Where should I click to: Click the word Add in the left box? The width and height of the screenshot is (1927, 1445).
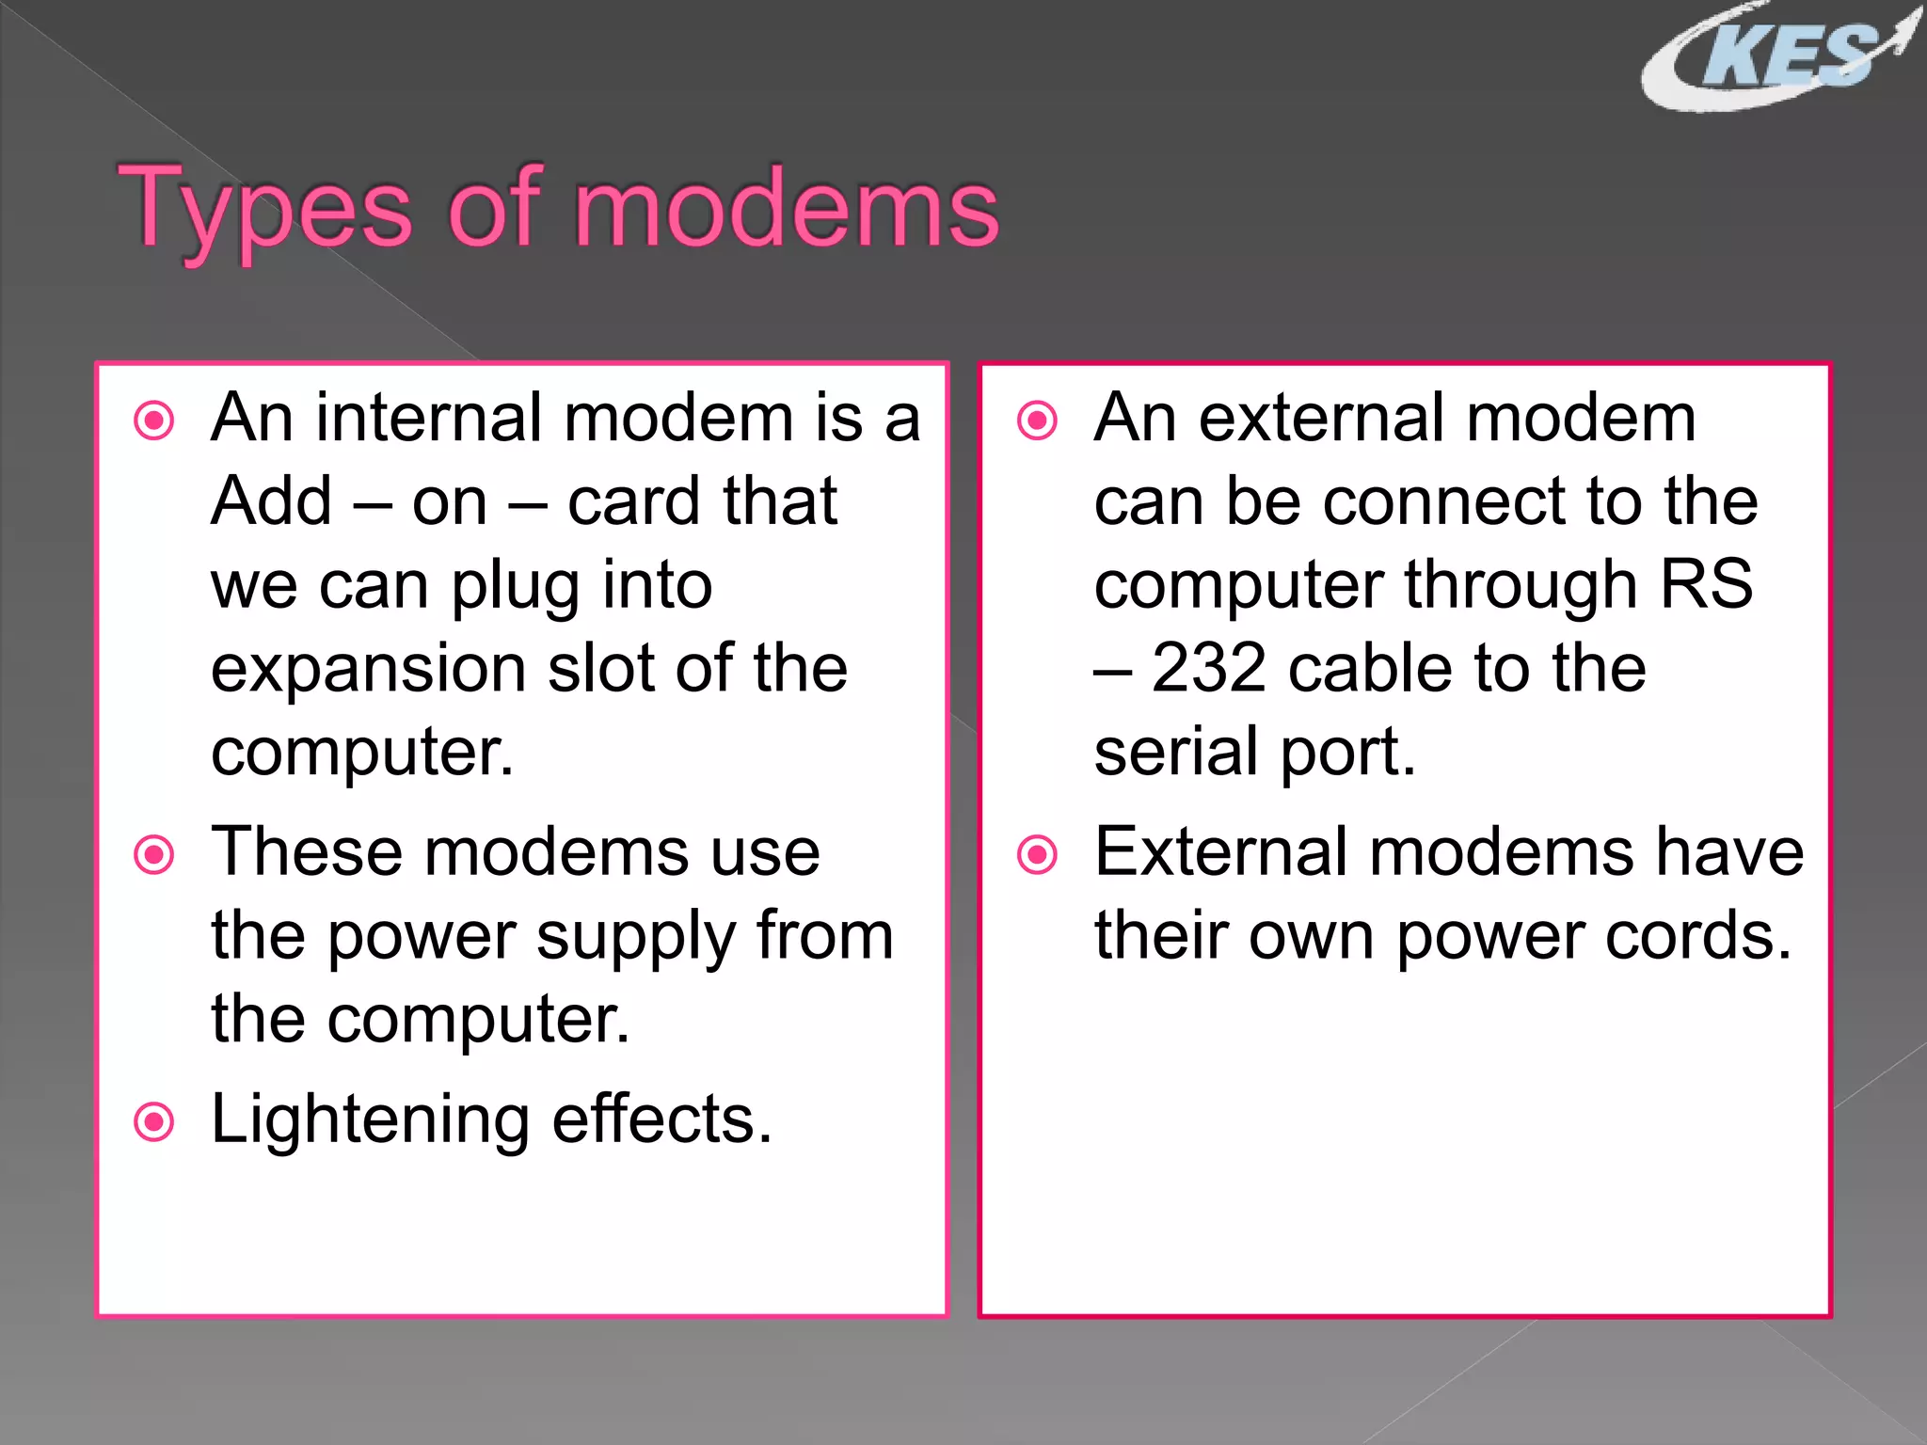[x=271, y=500]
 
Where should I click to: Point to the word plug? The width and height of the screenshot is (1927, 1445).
[x=514, y=586]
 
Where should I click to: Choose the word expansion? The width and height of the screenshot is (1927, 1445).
[x=368, y=669]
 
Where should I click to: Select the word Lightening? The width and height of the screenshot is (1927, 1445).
[x=370, y=1120]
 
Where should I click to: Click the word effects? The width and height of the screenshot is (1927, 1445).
[x=661, y=1119]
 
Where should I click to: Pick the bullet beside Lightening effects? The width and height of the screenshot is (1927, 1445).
[x=154, y=1121]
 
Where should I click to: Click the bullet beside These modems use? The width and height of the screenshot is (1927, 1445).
[x=154, y=854]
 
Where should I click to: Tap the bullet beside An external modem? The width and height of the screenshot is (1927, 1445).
[x=1038, y=421]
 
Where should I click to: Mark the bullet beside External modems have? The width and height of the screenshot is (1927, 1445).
[x=1038, y=854]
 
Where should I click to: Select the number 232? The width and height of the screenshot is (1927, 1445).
[x=1208, y=669]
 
